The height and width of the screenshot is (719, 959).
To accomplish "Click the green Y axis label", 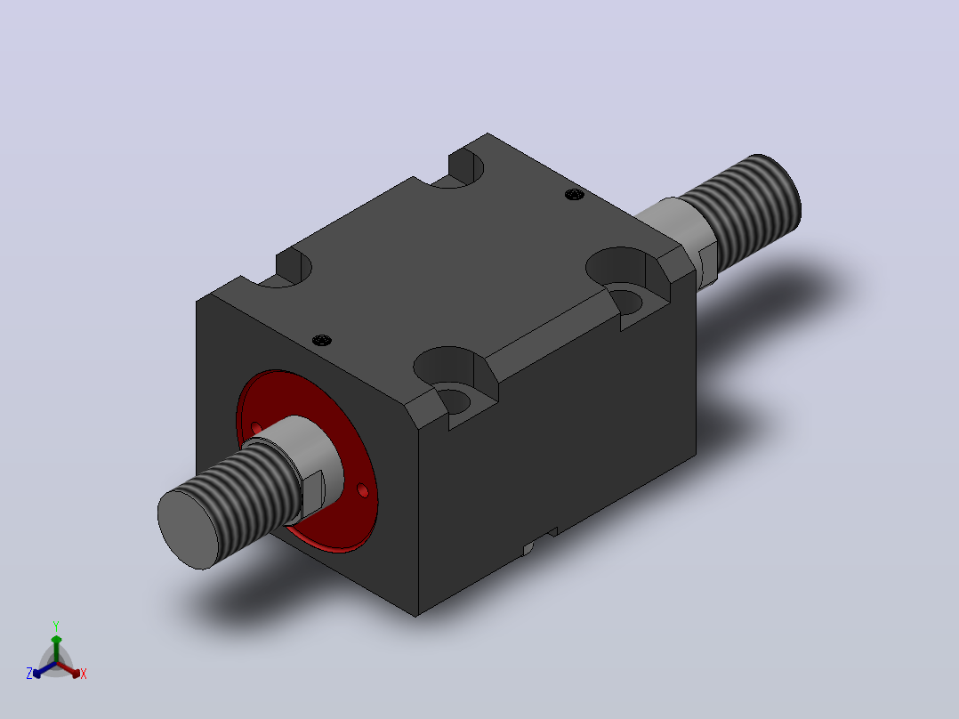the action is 56,626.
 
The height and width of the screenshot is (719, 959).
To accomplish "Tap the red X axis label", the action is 84,674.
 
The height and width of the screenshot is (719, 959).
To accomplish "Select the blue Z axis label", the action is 29,674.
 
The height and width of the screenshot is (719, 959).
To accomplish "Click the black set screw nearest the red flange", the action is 322,340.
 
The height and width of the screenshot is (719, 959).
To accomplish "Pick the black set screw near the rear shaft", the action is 574,195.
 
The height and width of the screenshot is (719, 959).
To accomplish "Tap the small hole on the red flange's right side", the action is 362,490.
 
